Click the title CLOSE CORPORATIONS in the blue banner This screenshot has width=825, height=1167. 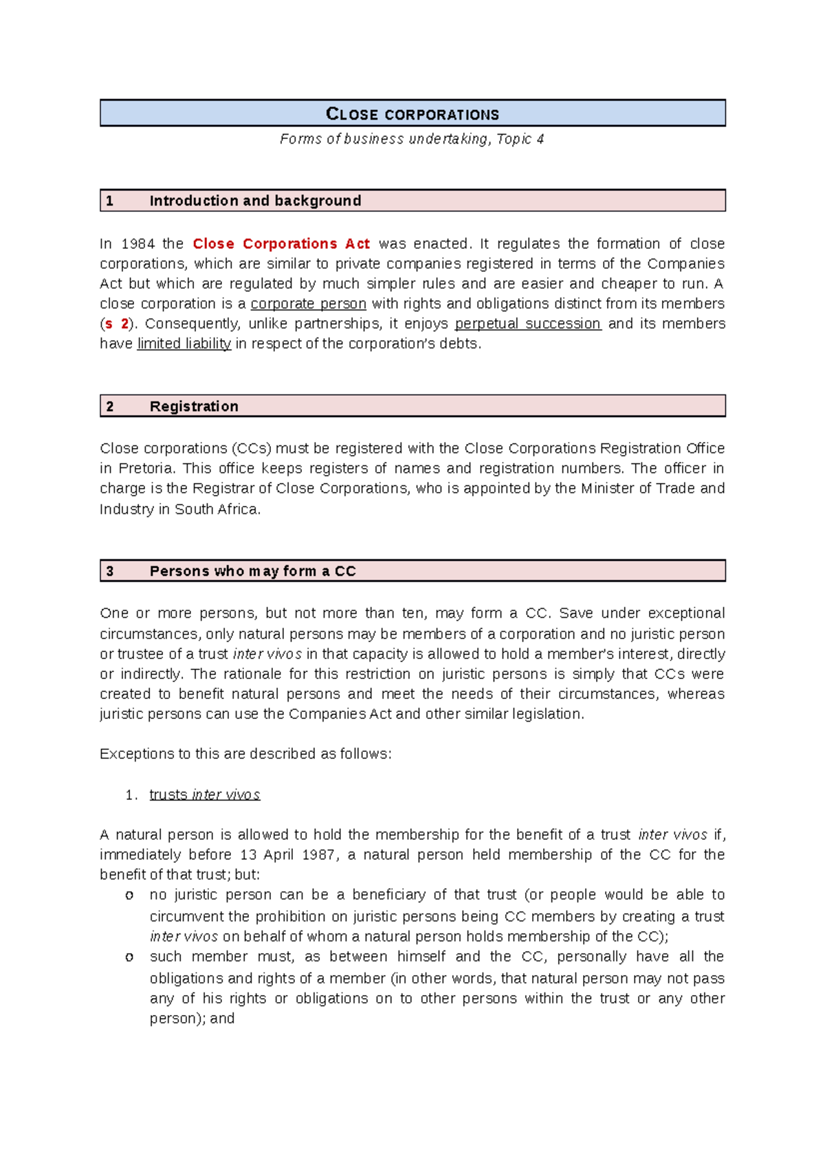412,114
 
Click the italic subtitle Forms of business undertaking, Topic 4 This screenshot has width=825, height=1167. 412,139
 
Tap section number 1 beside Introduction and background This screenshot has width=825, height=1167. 110,201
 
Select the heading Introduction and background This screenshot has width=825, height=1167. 255,201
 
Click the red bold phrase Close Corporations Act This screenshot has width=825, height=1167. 281,244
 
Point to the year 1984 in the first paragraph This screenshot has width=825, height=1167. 137,244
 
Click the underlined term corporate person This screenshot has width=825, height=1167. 308,304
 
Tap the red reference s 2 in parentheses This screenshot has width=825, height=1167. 116,324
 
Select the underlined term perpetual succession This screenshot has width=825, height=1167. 528,324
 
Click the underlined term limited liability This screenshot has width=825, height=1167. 184,344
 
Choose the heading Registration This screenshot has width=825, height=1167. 194,406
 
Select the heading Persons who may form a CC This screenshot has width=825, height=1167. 252,571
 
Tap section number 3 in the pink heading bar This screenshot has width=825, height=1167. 110,571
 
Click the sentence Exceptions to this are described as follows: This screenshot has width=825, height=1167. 245,754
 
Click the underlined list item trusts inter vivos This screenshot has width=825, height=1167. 204,795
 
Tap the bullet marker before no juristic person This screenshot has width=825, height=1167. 129,896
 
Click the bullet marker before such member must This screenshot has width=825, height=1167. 129,957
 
